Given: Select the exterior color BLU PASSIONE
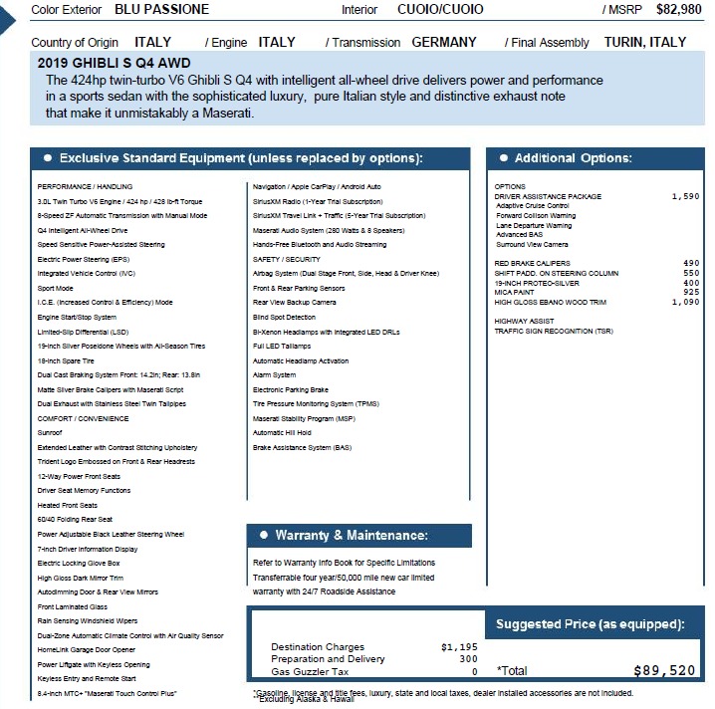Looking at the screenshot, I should point(161,9).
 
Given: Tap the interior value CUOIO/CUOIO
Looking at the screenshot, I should point(440,9).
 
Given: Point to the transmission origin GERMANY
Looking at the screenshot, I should point(445,43).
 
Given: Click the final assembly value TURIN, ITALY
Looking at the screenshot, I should point(645,43).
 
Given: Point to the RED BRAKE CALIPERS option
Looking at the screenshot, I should point(533,263).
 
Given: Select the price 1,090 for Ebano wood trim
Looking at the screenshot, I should point(684,302).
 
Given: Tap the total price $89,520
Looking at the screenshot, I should point(664,671).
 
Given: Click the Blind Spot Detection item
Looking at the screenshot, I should point(284,317).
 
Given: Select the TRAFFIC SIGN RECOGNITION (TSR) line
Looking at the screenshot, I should point(554,331).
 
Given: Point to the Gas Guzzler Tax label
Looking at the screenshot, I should point(309,671).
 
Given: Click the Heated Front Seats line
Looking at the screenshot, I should point(68,505).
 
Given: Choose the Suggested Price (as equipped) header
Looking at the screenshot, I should point(590,624).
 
